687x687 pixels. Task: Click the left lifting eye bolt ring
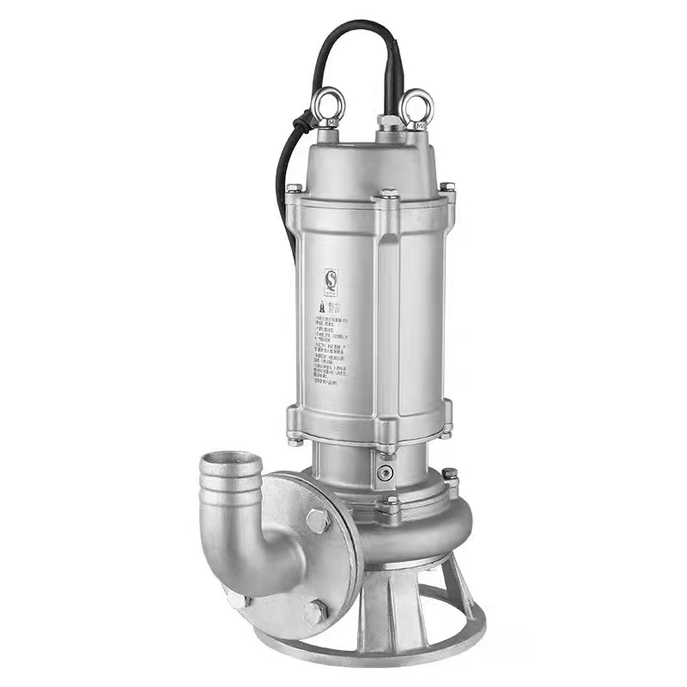(327, 105)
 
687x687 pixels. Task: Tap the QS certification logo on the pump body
(331, 280)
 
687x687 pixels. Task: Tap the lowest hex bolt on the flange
(314, 611)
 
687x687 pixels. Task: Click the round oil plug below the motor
(384, 473)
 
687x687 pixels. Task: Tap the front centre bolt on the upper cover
(388, 197)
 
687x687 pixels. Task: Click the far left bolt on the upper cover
(294, 188)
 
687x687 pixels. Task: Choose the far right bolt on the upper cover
(447, 188)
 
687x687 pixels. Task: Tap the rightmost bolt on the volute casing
(449, 475)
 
